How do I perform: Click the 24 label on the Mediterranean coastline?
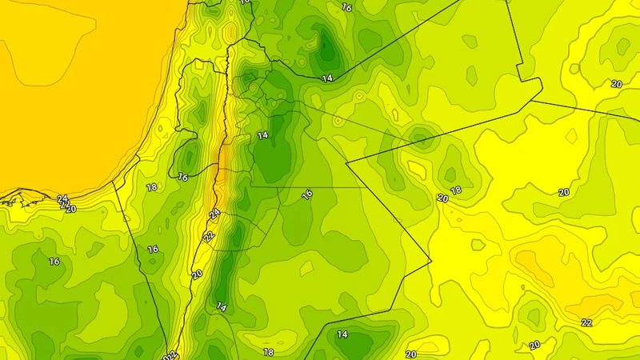[x=62, y=198]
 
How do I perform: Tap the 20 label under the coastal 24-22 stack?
[x=70, y=209]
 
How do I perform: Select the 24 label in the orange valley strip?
[x=214, y=214]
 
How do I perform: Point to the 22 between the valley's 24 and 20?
[x=209, y=237]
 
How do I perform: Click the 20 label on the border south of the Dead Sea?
[x=197, y=274]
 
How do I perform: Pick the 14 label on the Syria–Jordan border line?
[x=326, y=78]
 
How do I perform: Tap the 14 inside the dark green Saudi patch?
[x=342, y=334]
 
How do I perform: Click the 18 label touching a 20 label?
[x=456, y=190]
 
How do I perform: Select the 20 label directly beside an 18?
[x=442, y=198]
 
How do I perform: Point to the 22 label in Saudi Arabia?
[x=586, y=322]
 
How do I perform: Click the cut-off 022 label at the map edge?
[x=169, y=354]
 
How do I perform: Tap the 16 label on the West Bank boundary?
[x=183, y=176]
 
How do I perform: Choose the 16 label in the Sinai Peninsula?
[x=54, y=261]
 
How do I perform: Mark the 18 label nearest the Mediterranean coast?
[x=152, y=187]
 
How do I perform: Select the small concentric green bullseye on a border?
[x=422, y=138]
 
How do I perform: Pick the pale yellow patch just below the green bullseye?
[x=417, y=168]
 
